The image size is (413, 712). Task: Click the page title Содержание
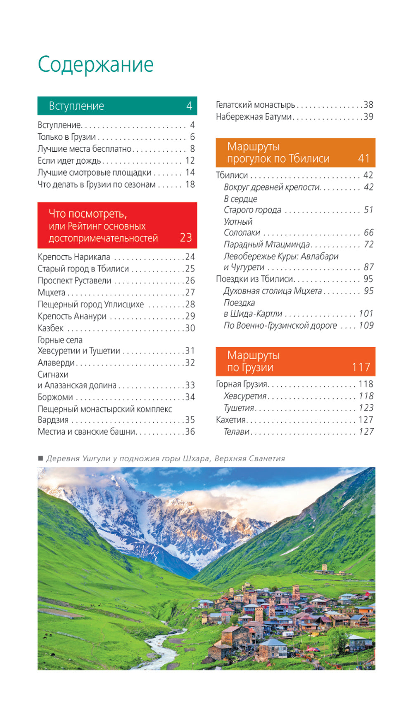click(95, 64)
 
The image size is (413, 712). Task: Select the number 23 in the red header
click(186, 237)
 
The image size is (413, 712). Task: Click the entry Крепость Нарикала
click(74, 257)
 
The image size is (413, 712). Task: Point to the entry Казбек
click(50, 328)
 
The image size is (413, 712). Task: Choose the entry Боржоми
click(55, 397)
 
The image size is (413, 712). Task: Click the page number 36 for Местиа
click(190, 432)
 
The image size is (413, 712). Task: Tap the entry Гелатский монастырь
click(255, 105)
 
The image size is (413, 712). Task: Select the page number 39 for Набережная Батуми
click(368, 117)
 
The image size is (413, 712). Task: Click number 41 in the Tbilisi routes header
click(364, 158)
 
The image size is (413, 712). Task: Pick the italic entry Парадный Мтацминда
click(267, 244)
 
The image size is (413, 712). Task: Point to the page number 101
click(366, 314)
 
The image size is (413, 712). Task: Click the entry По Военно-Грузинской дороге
click(280, 326)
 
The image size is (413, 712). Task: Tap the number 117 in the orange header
click(361, 367)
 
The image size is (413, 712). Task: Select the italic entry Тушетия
click(239, 408)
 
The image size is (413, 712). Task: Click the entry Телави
click(237, 432)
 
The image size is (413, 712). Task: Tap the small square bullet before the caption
click(40, 458)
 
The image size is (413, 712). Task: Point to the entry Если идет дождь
click(69, 161)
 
